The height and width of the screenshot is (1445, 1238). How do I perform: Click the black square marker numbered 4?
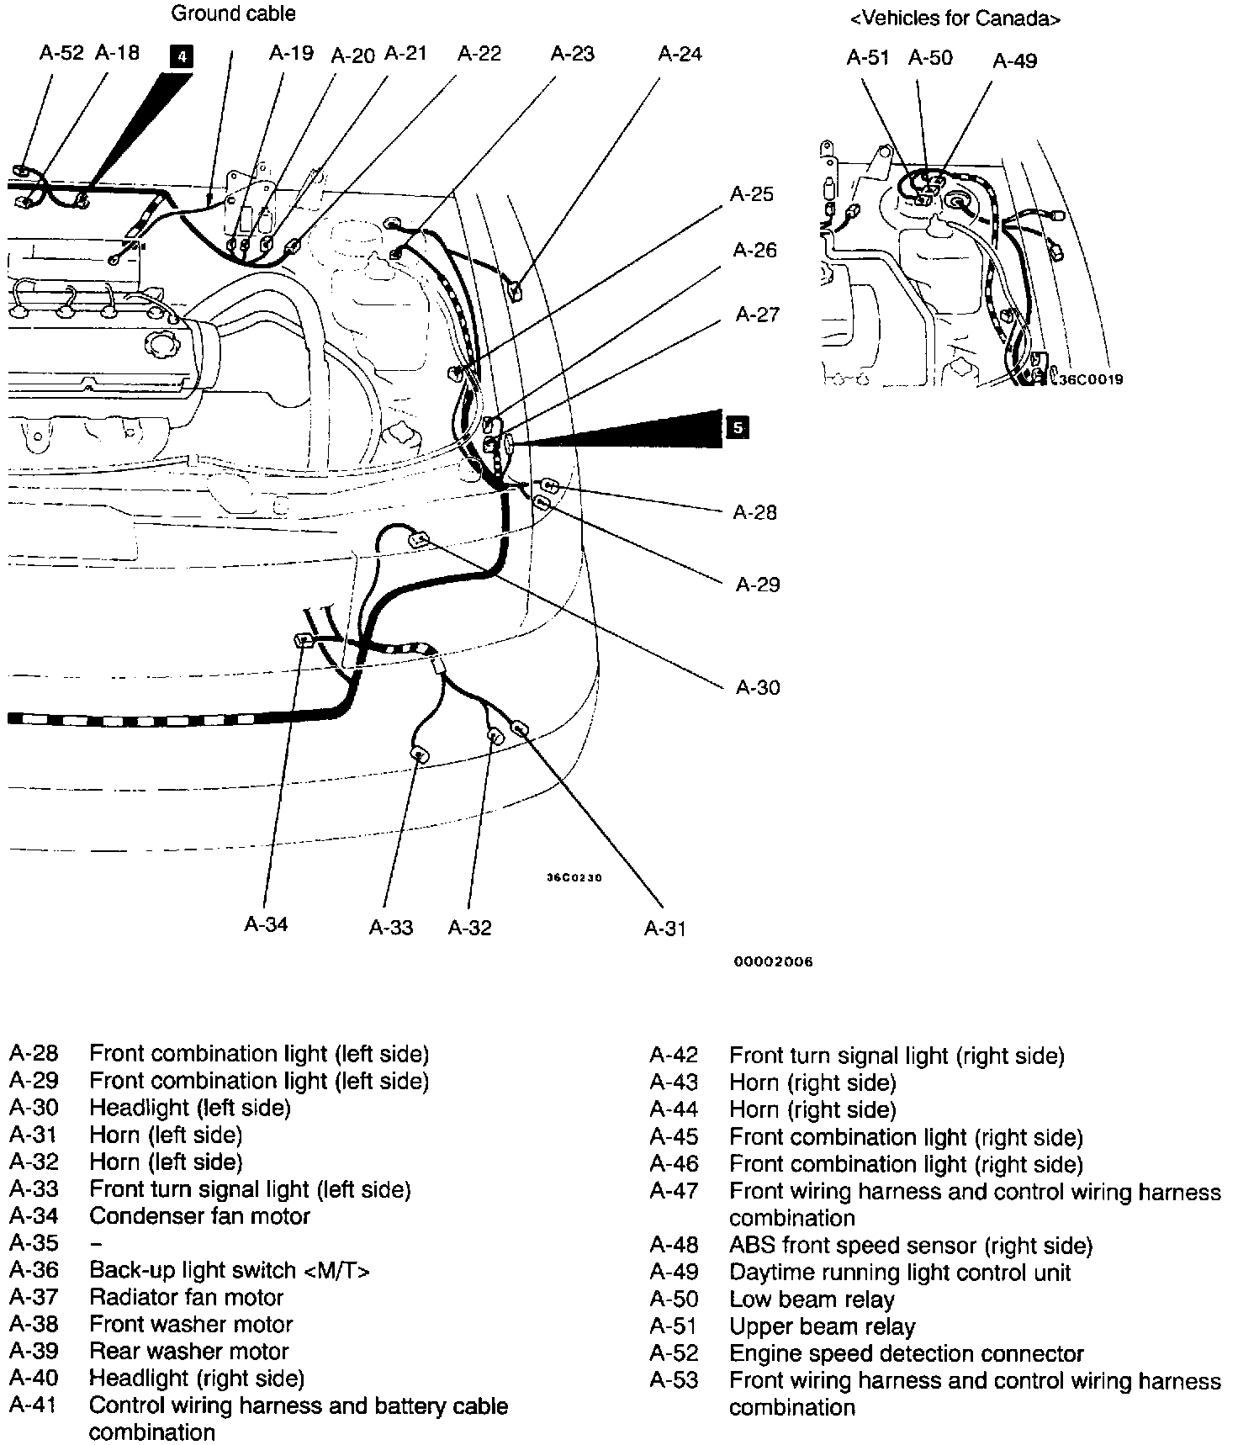coord(181,57)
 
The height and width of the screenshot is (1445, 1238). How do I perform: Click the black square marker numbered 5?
coord(737,427)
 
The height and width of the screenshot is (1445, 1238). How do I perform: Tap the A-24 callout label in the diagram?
coord(680,55)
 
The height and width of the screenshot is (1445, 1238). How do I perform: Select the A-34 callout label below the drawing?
coord(266,924)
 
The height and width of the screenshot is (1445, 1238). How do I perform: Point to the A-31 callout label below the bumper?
coord(665,929)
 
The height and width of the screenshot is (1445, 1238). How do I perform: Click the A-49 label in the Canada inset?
coord(1014,61)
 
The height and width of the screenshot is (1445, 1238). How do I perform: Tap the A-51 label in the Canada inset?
coord(867,58)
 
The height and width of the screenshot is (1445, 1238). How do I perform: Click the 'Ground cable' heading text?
coord(233,13)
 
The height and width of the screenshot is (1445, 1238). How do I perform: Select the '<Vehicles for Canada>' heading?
coord(955,19)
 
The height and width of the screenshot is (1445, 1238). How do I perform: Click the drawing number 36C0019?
coord(1090,379)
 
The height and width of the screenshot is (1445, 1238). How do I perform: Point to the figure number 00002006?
coord(774,961)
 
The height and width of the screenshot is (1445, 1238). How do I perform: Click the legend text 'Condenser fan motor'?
coord(199,1216)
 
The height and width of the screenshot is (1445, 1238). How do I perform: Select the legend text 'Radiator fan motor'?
coord(186,1297)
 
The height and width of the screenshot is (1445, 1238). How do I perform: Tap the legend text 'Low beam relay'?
coord(812,1299)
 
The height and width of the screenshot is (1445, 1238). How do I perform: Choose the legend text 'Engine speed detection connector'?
coord(906,1353)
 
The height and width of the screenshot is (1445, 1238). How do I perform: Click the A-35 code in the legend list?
coord(34,1243)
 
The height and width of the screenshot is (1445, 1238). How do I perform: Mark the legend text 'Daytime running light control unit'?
coord(900,1273)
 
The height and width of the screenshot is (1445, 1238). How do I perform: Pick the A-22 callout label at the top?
coord(479,55)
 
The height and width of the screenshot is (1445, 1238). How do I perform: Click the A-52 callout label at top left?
coord(61,54)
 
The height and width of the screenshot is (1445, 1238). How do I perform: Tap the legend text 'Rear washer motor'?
coord(188,1351)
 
